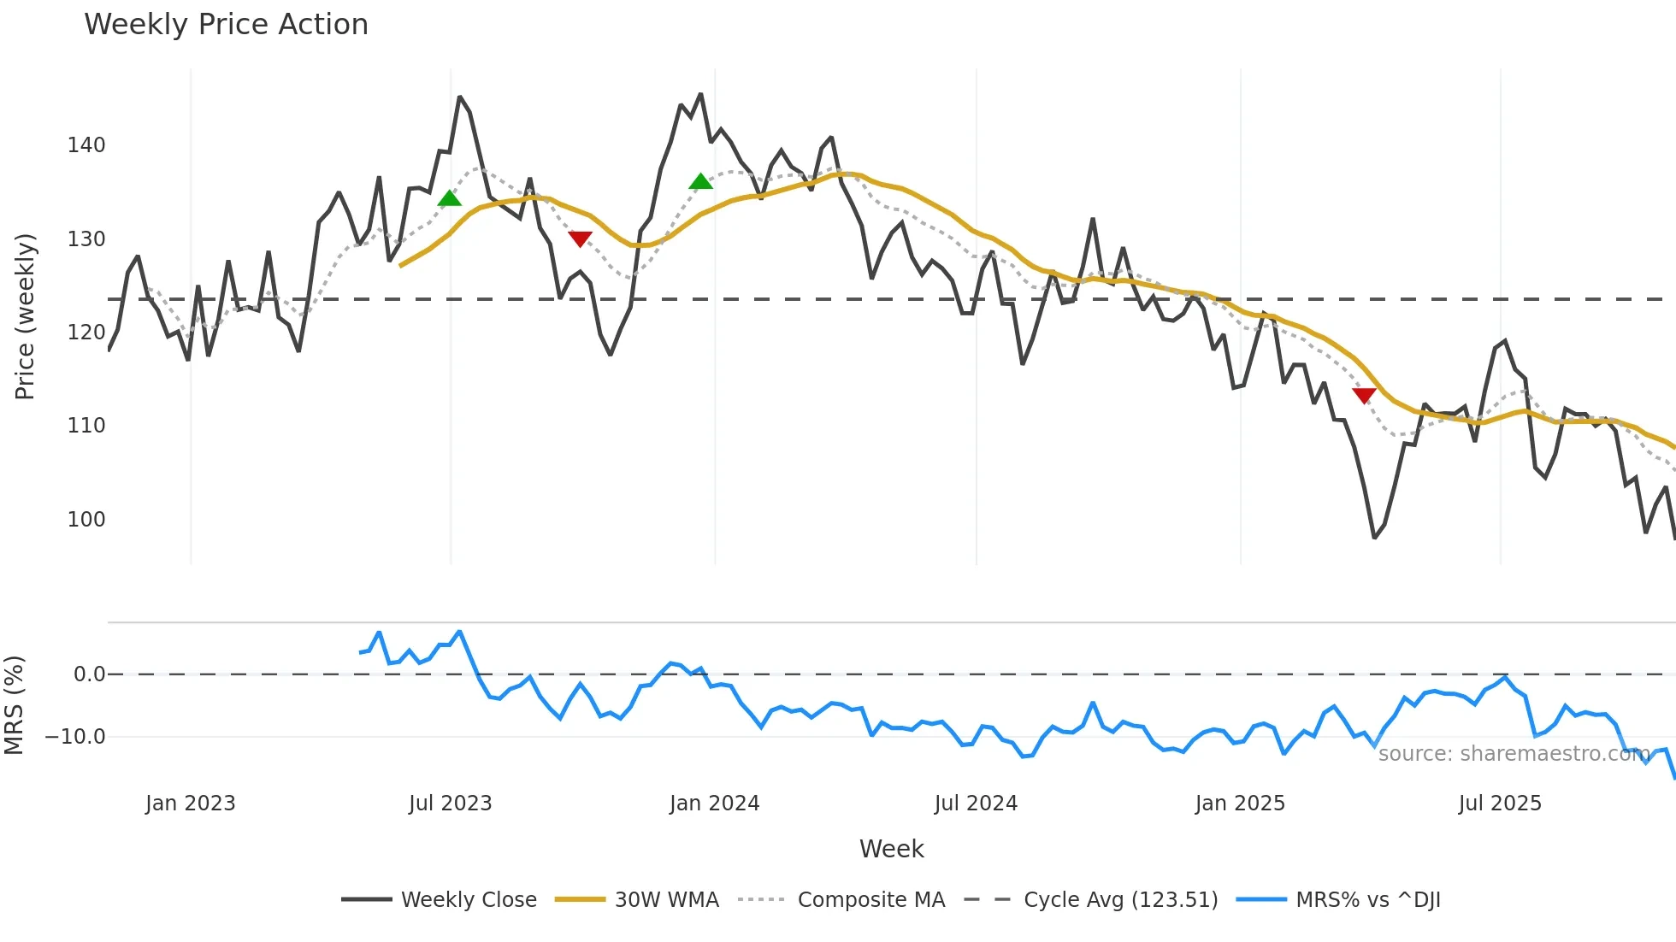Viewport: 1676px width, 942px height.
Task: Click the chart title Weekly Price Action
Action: (226, 25)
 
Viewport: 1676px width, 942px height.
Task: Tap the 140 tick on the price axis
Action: (86, 145)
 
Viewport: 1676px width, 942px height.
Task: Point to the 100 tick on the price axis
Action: (86, 520)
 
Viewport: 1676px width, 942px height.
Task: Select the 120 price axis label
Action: (86, 333)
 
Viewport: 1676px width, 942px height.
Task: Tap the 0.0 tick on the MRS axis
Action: (89, 674)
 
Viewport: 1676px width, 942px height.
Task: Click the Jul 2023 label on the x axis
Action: (450, 804)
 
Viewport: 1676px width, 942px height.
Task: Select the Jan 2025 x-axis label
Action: (1239, 804)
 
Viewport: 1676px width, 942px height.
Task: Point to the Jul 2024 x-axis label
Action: (976, 804)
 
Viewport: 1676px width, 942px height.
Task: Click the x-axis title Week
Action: (891, 849)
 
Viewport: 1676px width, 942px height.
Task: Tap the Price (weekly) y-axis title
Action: (25, 316)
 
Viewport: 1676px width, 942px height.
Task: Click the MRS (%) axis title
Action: (14, 705)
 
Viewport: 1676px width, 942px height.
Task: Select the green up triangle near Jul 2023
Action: (450, 199)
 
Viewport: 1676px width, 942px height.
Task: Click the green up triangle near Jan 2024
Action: (700, 181)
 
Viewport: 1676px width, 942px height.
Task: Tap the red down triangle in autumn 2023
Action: (580, 238)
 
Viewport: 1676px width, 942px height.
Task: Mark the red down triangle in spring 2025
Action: (1364, 395)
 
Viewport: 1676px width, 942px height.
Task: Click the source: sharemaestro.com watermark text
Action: (1513, 754)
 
